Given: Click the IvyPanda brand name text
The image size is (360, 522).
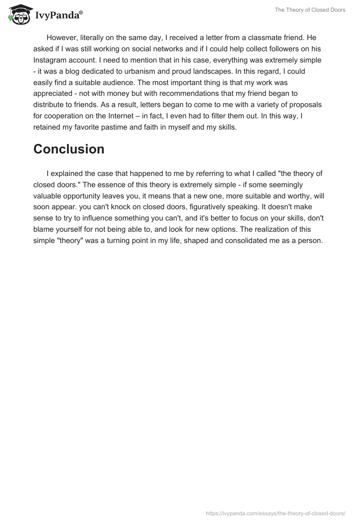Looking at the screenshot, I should pyautogui.click(x=58, y=15).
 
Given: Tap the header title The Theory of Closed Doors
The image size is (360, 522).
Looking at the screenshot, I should pyautogui.click(x=310, y=10).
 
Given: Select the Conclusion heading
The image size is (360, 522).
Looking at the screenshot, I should pyautogui.click(x=69, y=149).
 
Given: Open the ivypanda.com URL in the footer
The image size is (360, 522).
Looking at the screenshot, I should pyautogui.click(x=275, y=513).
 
